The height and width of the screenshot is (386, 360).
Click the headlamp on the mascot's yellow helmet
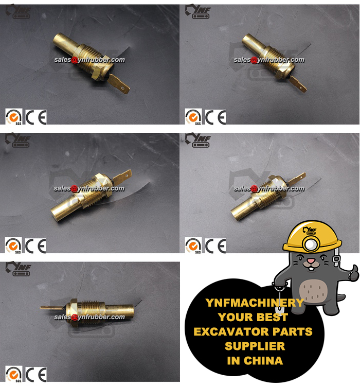click(311, 244)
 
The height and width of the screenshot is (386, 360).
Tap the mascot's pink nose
click(311, 261)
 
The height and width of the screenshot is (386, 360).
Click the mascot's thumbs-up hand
click(353, 273)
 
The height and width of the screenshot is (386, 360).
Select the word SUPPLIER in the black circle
click(255, 346)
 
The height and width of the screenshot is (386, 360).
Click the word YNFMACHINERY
click(255, 303)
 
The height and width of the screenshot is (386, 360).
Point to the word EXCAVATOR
click(231, 331)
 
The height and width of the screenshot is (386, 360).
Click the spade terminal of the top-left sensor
click(118, 84)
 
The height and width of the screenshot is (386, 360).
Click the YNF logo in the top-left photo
click(18, 11)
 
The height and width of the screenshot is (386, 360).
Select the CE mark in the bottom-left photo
click(36, 375)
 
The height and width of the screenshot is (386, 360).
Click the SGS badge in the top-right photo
click(193, 117)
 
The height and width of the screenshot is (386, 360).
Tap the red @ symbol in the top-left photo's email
click(74, 60)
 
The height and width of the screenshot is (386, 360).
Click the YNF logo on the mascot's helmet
click(310, 231)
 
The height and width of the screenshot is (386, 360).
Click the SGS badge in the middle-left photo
click(13, 245)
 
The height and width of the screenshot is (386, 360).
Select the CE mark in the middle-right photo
click(215, 245)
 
